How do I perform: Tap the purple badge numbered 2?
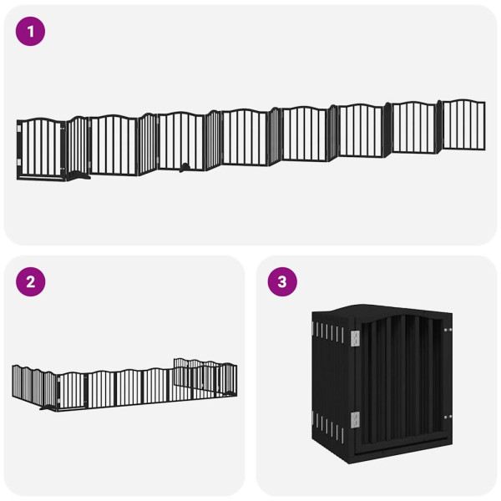(x=31, y=281)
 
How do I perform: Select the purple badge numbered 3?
(x=281, y=281)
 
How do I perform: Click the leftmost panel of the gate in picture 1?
(x=41, y=149)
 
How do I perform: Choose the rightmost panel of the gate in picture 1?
(x=463, y=125)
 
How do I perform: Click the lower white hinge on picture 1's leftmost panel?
(x=19, y=162)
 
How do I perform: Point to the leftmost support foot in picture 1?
(x=80, y=175)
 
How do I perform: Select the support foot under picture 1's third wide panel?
(x=183, y=167)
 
